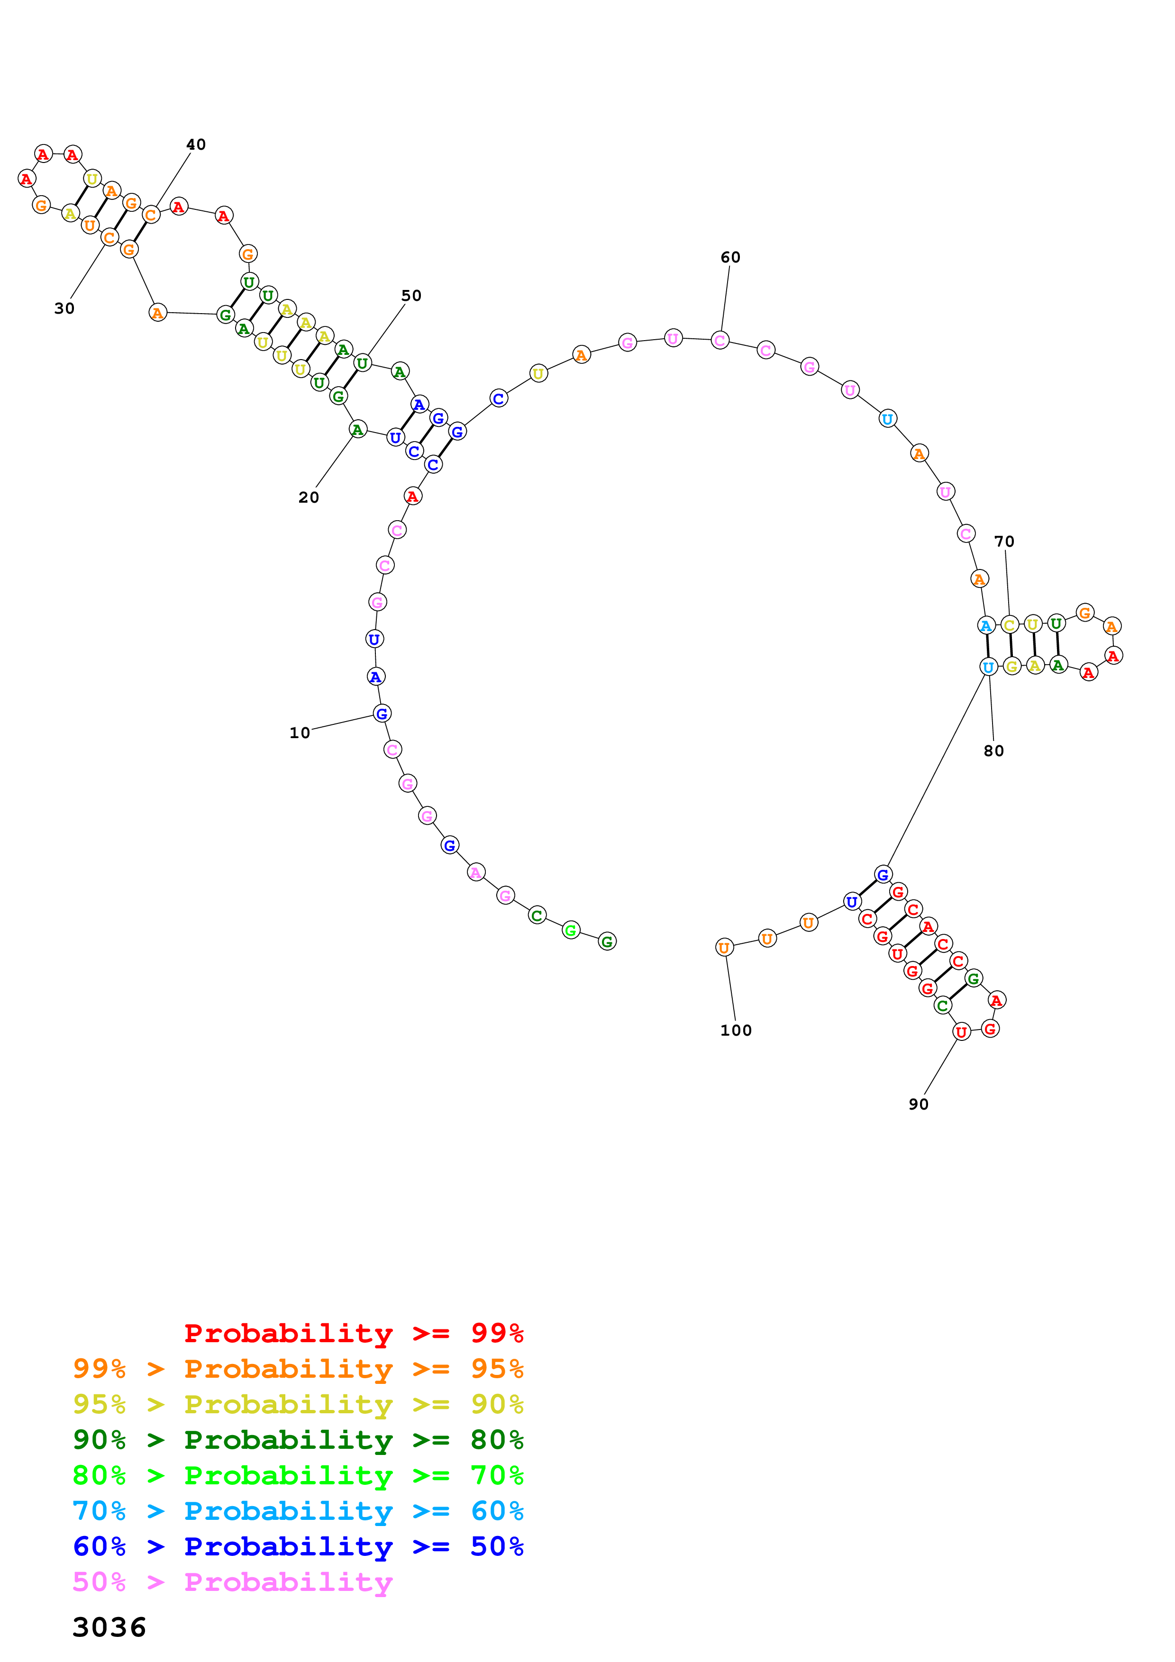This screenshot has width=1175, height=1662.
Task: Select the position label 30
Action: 64,308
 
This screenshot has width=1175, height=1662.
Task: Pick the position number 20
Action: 309,497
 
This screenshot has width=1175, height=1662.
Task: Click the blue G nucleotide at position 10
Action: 382,714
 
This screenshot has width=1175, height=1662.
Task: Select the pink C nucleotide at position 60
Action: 720,340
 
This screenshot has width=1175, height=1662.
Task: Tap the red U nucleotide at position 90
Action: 961,1032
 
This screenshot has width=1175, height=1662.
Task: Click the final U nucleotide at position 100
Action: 724,948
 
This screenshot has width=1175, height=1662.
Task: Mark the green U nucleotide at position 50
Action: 362,363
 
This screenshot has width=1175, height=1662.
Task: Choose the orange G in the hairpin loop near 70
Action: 1084,613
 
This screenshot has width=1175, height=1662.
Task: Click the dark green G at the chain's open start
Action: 608,942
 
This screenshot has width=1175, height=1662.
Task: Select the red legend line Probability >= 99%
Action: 353,1333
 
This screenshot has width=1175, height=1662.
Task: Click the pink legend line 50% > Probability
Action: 232,1582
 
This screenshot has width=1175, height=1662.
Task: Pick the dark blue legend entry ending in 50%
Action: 298,1546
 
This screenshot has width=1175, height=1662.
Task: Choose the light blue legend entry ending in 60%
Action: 298,1511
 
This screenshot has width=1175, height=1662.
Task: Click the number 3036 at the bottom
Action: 109,1627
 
